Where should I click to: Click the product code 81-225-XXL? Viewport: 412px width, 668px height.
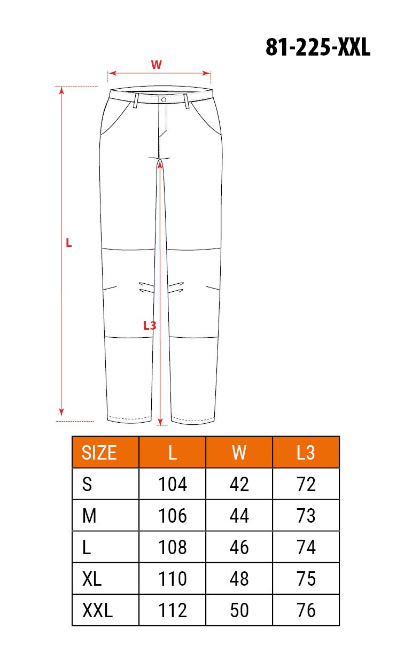point(318,47)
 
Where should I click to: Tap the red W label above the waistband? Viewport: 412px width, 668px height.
point(156,65)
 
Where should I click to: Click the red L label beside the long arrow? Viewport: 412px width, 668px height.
point(68,243)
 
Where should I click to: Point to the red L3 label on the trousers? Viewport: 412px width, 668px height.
point(150,325)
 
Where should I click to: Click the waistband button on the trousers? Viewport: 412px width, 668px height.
point(164,99)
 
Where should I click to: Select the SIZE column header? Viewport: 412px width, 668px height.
point(99,453)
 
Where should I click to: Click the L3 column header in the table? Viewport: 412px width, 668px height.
point(306,453)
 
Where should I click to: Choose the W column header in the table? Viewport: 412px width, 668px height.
point(239,453)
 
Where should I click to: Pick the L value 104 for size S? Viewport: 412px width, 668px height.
point(173,484)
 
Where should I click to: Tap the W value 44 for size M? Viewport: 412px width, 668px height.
point(239,516)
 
